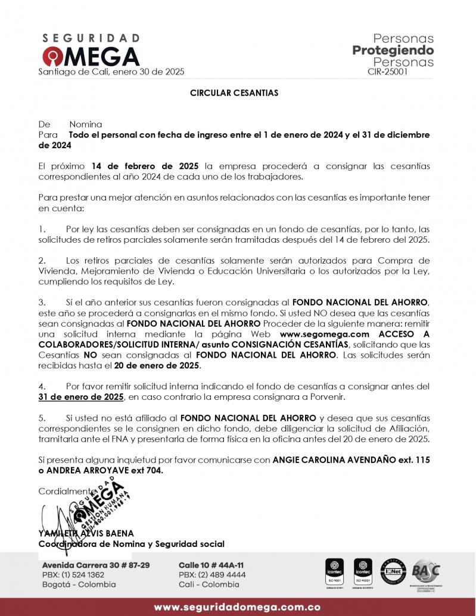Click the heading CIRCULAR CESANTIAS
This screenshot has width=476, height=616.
pos(234,93)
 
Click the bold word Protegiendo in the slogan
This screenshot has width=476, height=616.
pos(393,50)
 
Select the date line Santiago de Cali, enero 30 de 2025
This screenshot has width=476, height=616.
pos(111,71)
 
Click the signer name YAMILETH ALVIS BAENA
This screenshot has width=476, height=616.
pos(86,533)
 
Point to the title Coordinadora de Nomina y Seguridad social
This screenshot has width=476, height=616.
pos(132,543)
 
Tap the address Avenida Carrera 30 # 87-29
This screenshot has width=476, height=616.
pos(96,565)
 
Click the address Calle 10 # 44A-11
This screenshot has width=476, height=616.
pos(211,565)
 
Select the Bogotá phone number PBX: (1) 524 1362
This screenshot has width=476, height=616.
pos(73,575)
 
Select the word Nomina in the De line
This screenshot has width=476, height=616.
pos(86,125)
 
